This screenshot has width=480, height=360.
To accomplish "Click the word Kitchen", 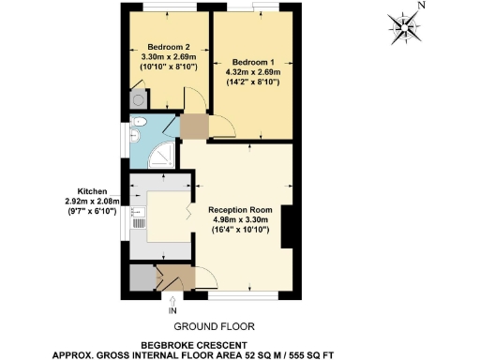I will click(x=99, y=189).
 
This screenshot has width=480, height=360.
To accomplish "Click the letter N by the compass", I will click(x=421, y=6).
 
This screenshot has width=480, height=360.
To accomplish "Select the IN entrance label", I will click(x=172, y=309).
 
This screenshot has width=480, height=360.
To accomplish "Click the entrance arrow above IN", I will click(x=172, y=299).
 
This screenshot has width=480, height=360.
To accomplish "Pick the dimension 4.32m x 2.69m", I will click(x=253, y=69).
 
